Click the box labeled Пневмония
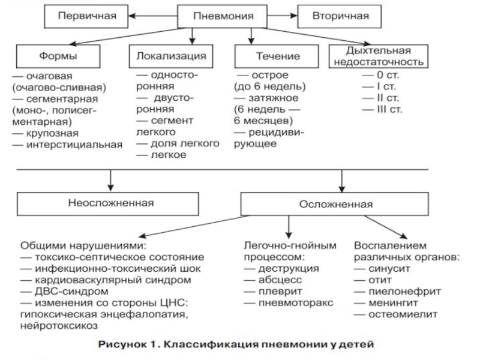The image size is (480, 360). point(222,16)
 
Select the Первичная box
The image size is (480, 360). point(86,16)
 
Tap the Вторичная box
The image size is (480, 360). point(340,16)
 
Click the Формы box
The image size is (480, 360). point(58,56)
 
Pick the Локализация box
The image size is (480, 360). point(171,56)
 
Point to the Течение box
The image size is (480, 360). point(277,56)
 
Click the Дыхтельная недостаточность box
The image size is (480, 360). point(379,56)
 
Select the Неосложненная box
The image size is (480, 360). point(108,204)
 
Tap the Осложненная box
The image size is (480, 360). point(335,204)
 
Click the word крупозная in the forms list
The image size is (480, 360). point(52,133)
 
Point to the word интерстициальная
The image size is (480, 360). point(74,145)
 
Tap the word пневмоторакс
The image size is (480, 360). point(296,303)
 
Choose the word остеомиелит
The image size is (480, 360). point(403,314)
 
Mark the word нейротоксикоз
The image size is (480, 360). point(59,326)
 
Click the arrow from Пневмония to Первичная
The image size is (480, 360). point(153,16)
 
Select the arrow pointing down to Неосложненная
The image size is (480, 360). point(111,181)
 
